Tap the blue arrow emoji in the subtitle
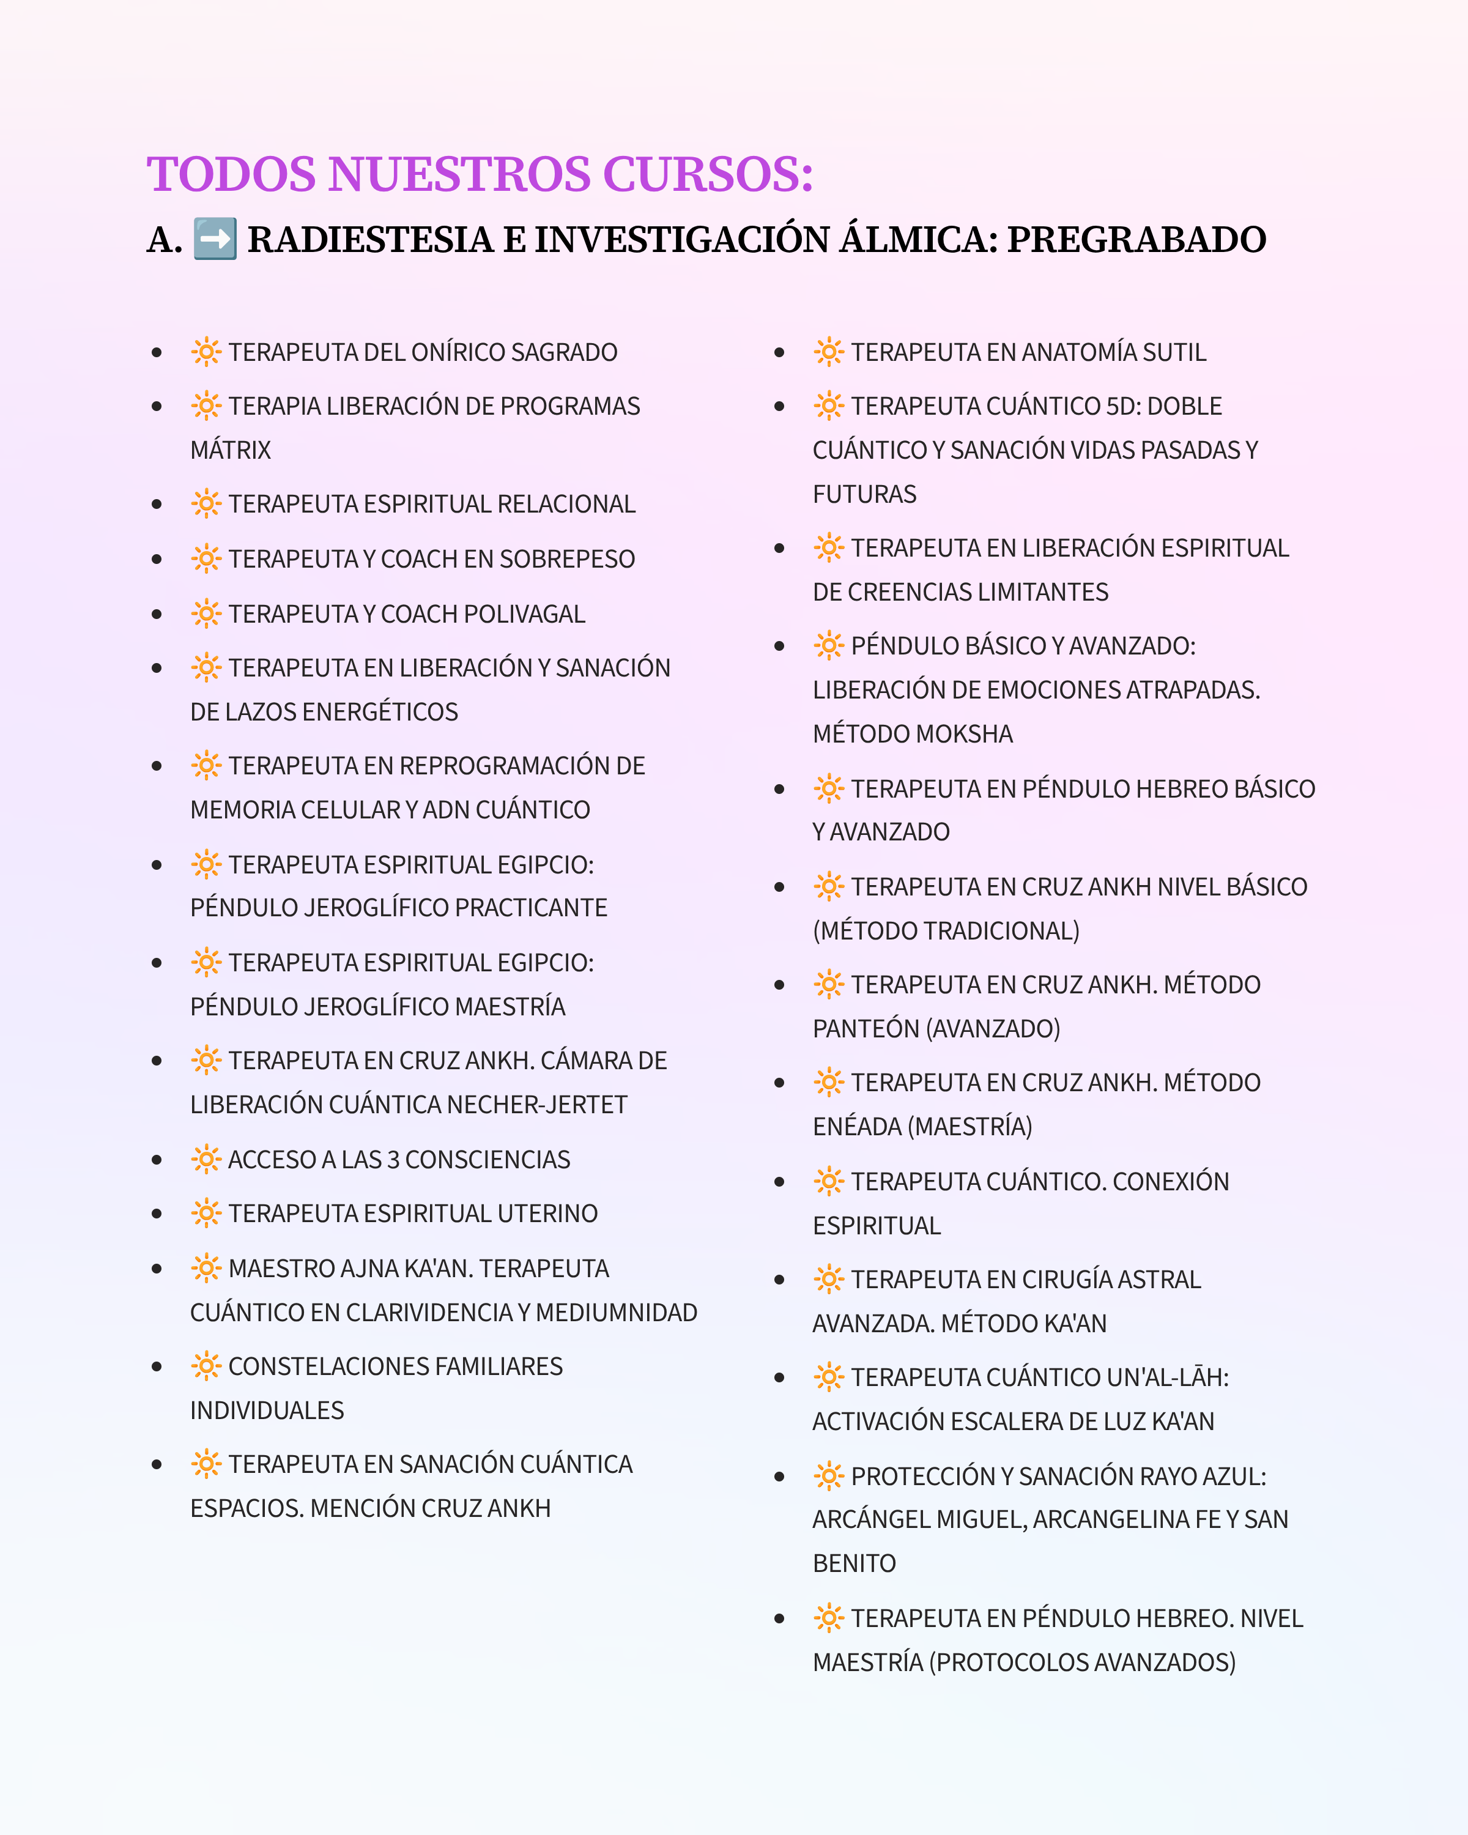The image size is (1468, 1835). click(x=215, y=239)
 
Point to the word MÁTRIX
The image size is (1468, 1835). click(x=231, y=450)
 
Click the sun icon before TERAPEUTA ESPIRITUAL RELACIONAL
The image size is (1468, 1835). click(x=206, y=504)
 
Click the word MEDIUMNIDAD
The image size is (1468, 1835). click(x=616, y=1313)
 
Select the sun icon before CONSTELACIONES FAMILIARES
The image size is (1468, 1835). click(x=206, y=1366)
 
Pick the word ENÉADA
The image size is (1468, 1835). click(x=856, y=1127)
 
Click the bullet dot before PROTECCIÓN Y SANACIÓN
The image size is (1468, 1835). click(x=779, y=1477)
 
